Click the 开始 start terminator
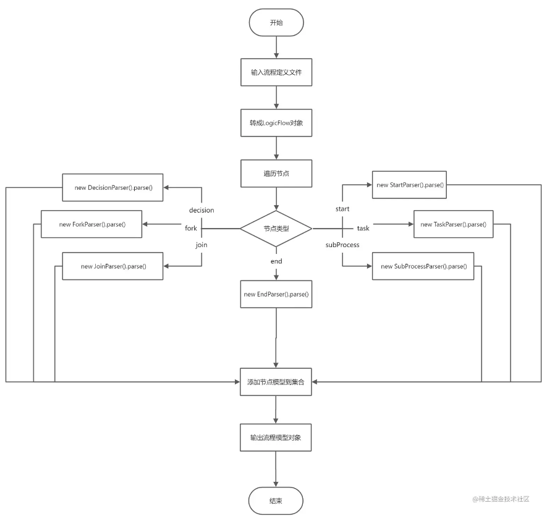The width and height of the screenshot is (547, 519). pyautogui.click(x=276, y=23)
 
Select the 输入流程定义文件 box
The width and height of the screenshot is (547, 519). pyautogui.click(x=276, y=72)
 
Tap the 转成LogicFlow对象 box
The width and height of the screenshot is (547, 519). pyautogui.click(x=276, y=123)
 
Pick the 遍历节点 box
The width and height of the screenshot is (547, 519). pyautogui.click(x=276, y=174)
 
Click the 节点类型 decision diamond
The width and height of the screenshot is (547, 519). pyautogui.click(x=276, y=229)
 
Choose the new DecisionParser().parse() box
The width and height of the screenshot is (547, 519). pyautogui.click(x=112, y=188)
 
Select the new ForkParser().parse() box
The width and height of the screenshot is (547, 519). pyautogui.click(x=91, y=224)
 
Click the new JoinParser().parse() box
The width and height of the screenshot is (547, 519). pyautogui.click(x=112, y=266)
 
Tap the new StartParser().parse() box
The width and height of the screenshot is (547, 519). pyautogui.click(x=410, y=185)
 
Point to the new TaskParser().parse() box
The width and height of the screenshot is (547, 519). pyautogui.click(x=454, y=224)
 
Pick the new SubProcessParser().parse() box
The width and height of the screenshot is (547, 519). pyautogui.click(x=423, y=266)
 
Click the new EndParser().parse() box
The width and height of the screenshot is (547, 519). pyautogui.click(x=276, y=294)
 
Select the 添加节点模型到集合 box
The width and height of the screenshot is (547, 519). pyautogui.click(x=276, y=382)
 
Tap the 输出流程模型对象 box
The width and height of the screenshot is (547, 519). pyautogui.click(x=276, y=437)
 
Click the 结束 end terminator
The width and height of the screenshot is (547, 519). pyautogui.click(x=276, y=501)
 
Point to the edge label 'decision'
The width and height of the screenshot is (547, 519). pyautogui.click(x=201, y=210)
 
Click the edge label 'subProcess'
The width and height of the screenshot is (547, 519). pyautogui.click(x=342, y=245)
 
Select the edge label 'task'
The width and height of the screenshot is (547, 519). pyautogui.click(x=363, y=228)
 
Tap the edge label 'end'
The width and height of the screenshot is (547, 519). pyautogui.click(x=276, y=261)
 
